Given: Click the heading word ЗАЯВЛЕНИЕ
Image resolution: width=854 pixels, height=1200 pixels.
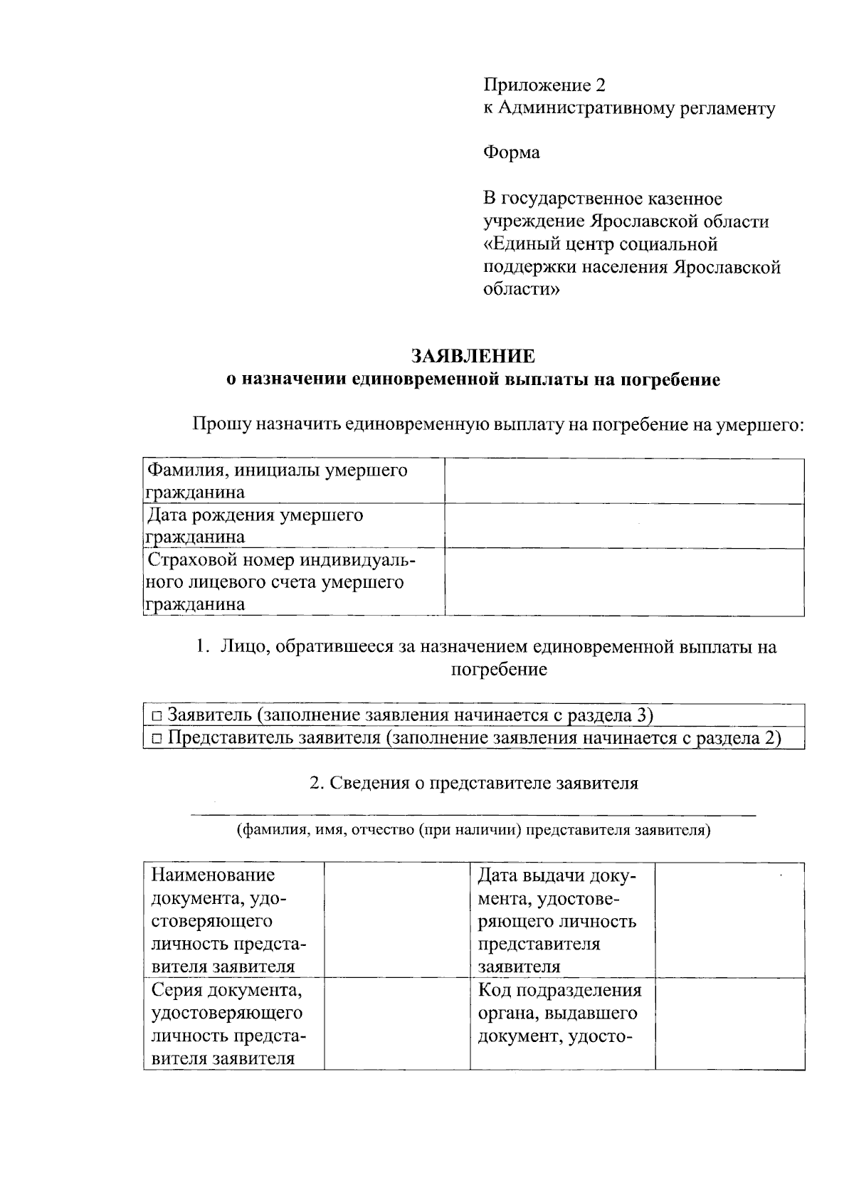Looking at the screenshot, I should pyautogui.click(x=473, y=356).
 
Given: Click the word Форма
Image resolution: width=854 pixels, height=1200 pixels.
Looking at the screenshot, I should pyautogui.click(x=511, y=153).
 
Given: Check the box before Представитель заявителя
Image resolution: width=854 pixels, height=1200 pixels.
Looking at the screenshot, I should pyautogui.click(x=157, y=739).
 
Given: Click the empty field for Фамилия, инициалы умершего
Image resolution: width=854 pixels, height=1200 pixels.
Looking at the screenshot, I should pyautogui.click(x=624, y=482).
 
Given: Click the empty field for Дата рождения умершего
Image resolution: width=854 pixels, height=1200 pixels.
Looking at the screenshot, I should pyautogui.click(x=624, y=526).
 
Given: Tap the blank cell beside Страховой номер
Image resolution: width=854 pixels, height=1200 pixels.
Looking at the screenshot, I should pyautogui.click(x=624, y=582).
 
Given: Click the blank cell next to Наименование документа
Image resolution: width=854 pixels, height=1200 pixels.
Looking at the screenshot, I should pyautogui.click(x=397, y=920).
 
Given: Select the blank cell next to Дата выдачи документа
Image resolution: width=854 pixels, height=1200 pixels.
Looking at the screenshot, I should pyautogui.click(x=729, y=920).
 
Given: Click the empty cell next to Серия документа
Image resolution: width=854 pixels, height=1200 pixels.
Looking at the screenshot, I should pyautogui.click(x=397, y=1023).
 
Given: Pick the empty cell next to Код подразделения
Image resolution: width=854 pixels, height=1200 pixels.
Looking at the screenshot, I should pyautogui.click(x=729, y=1023).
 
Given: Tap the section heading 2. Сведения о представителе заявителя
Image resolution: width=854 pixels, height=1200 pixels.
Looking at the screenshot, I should pyautogui.click(x=473, y=784).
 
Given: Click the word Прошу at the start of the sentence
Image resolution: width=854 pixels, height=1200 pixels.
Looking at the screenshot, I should pyautogui.click(x=221, y=426).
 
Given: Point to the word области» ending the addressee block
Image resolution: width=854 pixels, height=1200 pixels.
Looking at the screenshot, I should pyautogui.click(x=522, y=290).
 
